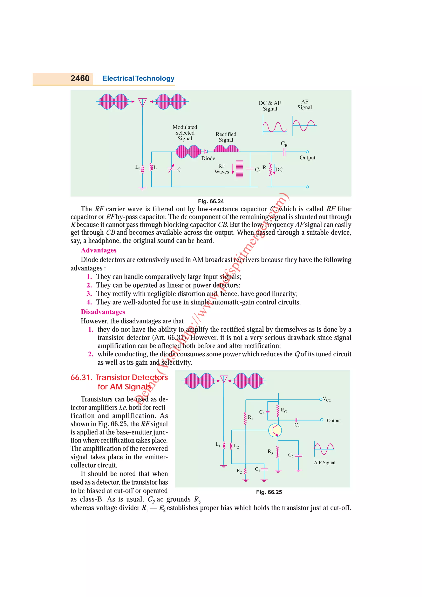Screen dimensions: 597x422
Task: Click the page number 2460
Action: point(80,78)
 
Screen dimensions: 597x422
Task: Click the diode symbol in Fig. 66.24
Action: point(206,152)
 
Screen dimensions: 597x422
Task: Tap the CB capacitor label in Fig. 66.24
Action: point(284,144)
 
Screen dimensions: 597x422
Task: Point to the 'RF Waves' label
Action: point(222,169)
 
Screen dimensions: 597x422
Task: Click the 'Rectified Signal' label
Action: point(226,137)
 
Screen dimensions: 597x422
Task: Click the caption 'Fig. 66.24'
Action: point(211,201)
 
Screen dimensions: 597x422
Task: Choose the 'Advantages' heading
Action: point(98,250)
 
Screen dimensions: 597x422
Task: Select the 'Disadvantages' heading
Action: point(103,312)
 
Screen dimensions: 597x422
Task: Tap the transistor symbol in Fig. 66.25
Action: point(275,430)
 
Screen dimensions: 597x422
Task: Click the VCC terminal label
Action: point(327,399)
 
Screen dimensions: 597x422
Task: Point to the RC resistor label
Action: point(284,410)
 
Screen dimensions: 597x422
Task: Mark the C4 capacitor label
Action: point(297,425)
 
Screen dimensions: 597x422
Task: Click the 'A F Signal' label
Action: point(325,462)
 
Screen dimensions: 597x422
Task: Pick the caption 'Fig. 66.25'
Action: point(269,492)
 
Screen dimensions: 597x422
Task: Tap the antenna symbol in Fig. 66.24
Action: point(142,102)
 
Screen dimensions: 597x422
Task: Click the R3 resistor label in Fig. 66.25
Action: point(270,451)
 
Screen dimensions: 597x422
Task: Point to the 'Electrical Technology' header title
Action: point(138,78)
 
